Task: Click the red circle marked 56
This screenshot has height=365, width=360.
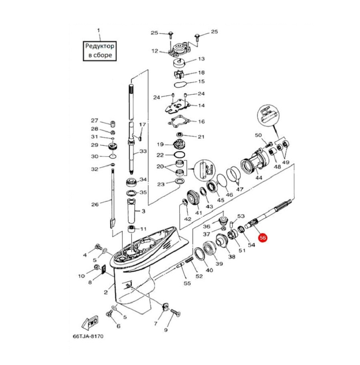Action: [x=263, y=238]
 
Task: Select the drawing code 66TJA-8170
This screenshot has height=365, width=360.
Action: [x=88, y=336]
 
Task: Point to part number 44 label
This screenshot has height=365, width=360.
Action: [x=258, y=178]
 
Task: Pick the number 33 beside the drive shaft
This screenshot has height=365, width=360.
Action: [x=143, y=152]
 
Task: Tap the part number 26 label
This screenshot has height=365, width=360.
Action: [x=95, y=205]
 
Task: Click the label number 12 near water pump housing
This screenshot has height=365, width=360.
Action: [x=155, y=51]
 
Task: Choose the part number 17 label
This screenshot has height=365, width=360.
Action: [x=143, y=125]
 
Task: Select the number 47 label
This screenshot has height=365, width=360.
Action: [x=239, y=189]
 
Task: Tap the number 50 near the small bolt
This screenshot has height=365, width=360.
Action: [x=258, y=135]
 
